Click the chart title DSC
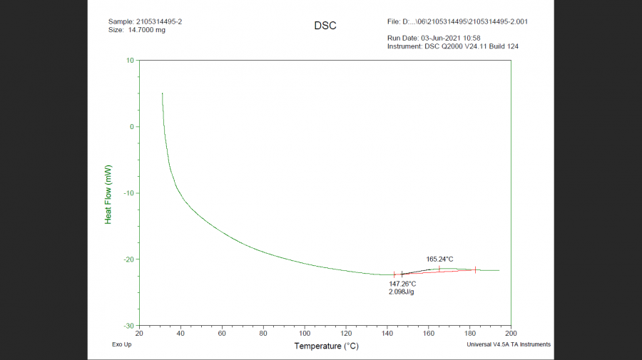click(x=325, y=26)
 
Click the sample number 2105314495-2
click(x=159, y=21)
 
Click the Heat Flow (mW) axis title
click(x=108, y=194)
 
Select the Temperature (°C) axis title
click(x=326, y=346)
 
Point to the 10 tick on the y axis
click(x=130, y=61)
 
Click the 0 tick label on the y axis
click(x=131, y=127)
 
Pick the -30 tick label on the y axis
click(x=128, y=326)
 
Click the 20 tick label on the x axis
click(x=140, y=334)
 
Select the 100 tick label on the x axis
click(x=305, y=334)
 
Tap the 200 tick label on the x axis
click(x=511, y=334)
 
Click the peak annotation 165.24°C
click(x=439, y=259)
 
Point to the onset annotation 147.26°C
click(x=402, y=284)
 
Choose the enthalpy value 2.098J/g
click(x=402, y=292)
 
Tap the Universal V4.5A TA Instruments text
click(x=509, y=344)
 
